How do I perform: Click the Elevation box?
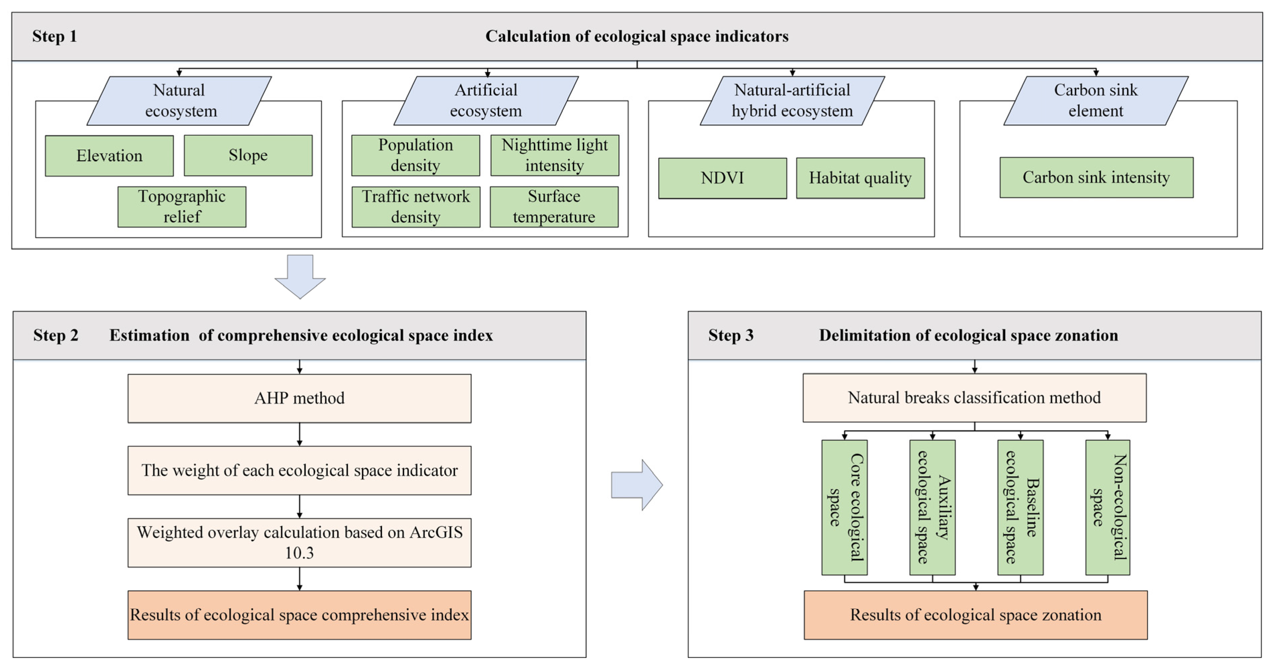click(109, 156)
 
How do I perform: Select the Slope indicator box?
click(248, 155)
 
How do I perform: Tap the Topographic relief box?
click(182, 206)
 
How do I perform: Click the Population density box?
click(415, 155)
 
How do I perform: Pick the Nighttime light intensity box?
click(554, 155)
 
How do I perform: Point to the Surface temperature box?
click(554, 206)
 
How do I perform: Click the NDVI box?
click(722, 178)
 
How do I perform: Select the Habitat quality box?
click(860, 178)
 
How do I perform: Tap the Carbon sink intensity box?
click(1096, 177)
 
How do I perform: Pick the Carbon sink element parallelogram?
click(1096, 100)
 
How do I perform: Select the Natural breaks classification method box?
click(974, 398)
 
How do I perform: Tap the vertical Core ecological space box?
click(844, 507)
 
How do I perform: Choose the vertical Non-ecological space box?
click(1108, 507)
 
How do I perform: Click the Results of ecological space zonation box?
click(975, 615)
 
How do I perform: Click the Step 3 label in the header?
click(731, 335)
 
